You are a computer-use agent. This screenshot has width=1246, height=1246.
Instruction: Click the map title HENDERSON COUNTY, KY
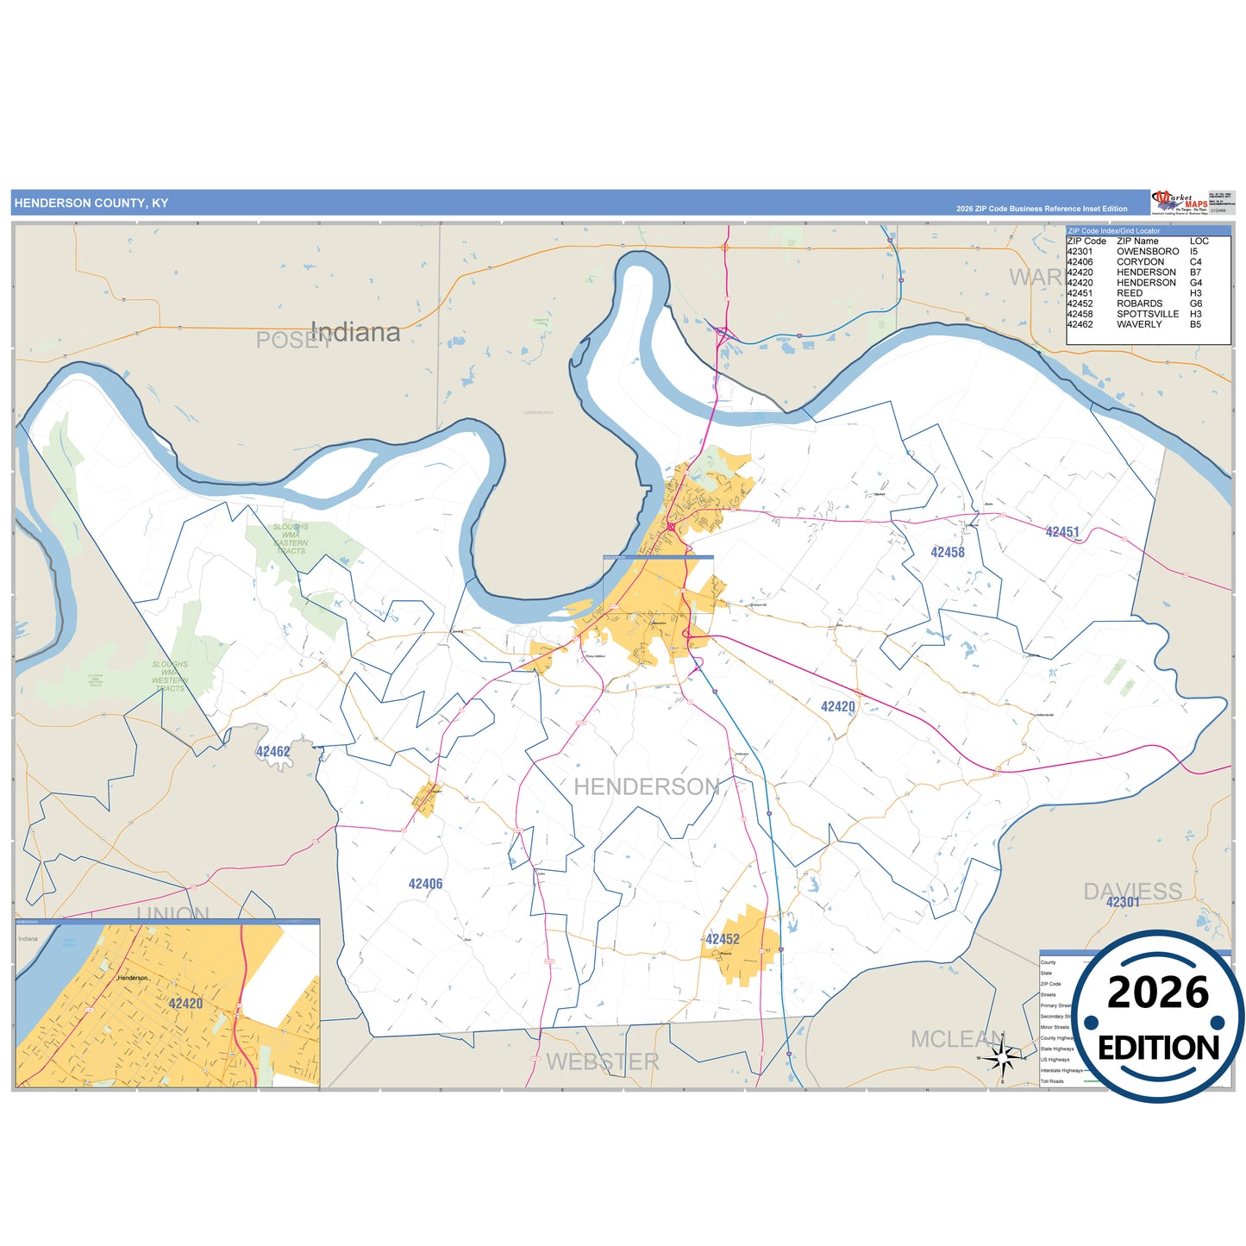pos(91,203)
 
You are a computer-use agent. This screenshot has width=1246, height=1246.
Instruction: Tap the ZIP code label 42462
pos(273,752)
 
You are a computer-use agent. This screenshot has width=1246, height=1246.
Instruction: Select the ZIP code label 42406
pos(426,884)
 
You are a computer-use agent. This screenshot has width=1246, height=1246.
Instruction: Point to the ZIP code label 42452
pos(723,939)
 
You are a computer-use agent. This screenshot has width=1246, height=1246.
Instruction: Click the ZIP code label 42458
pos(948,552)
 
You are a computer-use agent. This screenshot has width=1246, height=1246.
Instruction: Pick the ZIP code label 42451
pos(1062,532)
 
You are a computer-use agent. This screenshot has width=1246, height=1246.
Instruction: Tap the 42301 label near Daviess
pos(1123,902)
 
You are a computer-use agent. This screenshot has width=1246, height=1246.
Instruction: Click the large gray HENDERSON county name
pos(647,786)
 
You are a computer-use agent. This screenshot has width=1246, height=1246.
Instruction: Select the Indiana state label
pos(355,332)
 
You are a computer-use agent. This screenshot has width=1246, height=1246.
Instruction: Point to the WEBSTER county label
pos(603,1061)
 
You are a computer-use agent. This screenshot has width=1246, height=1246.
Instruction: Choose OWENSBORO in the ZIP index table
pos(1148,252)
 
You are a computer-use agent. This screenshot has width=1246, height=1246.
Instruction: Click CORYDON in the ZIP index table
pos(1140,262)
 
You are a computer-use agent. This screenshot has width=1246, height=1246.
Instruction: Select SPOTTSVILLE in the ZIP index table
pos(1148,314)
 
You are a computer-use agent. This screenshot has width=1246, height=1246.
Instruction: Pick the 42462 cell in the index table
pos(1080,324)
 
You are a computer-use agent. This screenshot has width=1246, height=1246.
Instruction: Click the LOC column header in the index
pos(1199,241)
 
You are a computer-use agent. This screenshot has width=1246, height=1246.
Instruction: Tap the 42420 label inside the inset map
pos(185,1004)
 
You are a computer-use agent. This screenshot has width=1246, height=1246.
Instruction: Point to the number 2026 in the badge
pos(1158,992)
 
